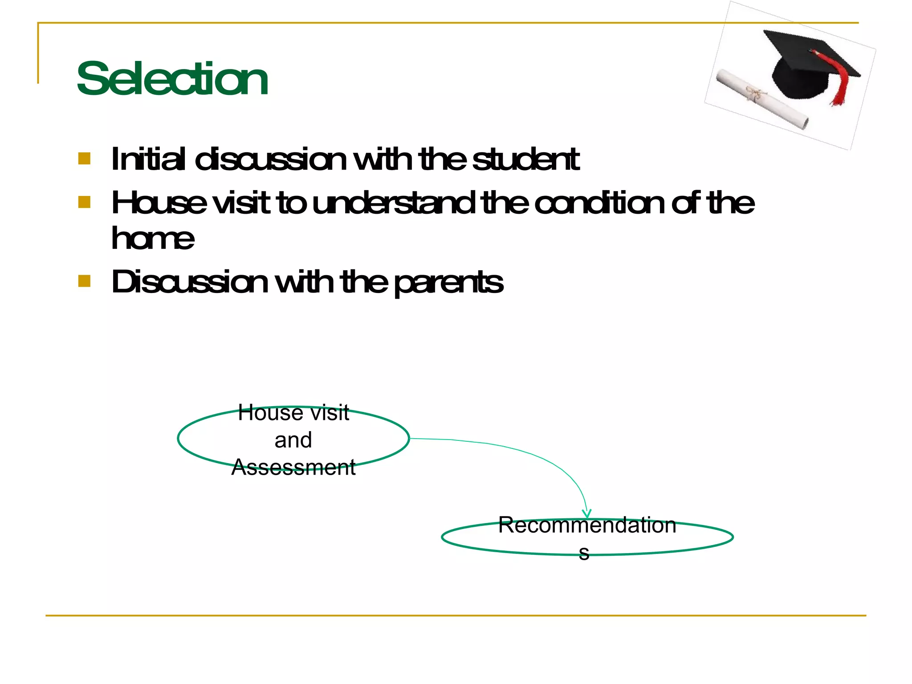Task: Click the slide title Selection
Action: (172, 79)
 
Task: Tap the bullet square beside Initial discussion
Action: (84, 159)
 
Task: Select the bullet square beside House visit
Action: (84, 202)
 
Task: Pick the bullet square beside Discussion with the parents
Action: (84, 281)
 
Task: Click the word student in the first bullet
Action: (525, 159)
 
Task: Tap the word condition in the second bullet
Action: (598, 203)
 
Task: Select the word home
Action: (153, 238)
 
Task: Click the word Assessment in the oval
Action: (293, 467)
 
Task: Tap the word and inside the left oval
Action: (293, 440)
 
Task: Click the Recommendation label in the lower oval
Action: (587, 525)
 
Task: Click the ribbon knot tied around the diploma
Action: (753, 94)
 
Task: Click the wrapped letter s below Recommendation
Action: (584, 553)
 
